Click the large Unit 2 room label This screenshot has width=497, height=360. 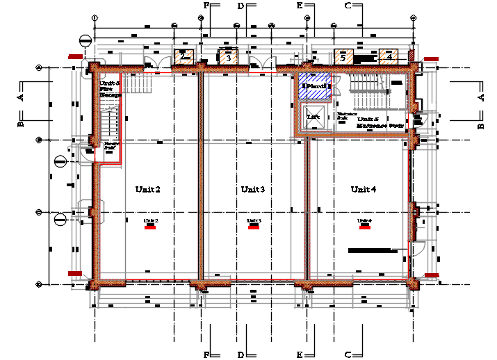148,189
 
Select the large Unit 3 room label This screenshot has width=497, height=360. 252,189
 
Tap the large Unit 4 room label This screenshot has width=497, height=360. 363,189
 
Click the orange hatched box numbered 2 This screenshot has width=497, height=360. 183,57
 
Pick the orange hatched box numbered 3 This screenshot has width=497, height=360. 228,58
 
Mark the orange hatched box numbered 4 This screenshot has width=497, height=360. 389,57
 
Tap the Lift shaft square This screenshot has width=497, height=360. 313,117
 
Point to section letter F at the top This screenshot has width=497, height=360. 206,6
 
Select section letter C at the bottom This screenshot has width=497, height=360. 348,355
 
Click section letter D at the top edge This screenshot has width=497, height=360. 241,6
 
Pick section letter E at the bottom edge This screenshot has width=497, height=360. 300,355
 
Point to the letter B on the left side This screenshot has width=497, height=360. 21,124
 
